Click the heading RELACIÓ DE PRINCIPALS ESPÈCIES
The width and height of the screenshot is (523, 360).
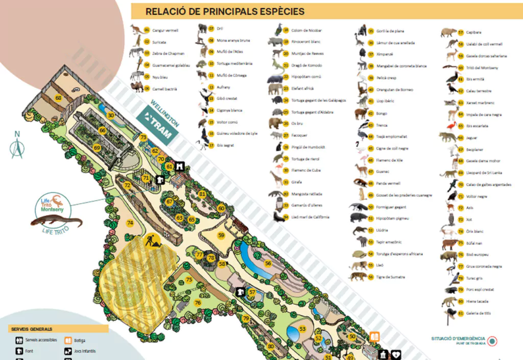(x=225, y=11)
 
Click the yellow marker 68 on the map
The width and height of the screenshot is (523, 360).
(x=58, y=98)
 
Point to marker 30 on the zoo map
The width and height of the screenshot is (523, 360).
(x=111, y=115)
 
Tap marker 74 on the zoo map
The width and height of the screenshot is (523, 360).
(x=130, y=223)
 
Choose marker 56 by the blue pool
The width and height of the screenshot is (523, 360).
(x=268, y=263)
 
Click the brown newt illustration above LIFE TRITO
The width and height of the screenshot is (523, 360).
(x=56, y=222)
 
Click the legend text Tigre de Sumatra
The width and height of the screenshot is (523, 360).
(x=390, y=277)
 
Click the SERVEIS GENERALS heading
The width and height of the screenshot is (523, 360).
(x=32, y=329)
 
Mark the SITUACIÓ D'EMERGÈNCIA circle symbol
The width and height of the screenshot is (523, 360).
(x=492, y=341)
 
